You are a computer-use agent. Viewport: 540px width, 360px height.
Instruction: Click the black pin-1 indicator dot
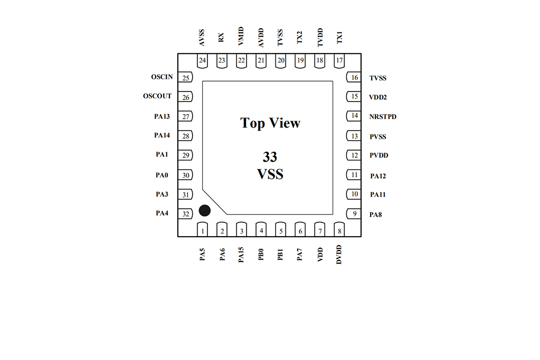(204, 211)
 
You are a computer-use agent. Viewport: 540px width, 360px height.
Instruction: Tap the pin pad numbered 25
(185, 77)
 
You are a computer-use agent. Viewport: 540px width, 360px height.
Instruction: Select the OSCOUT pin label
(157, 96)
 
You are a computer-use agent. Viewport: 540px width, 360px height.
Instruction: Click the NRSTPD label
(383, 117)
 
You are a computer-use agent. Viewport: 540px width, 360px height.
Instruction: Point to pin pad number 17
(339, 61)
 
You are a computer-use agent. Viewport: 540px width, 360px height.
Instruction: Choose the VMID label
(241, 36)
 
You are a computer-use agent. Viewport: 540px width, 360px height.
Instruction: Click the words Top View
(271, 123)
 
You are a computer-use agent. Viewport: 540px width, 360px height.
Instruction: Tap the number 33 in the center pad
(270, 157)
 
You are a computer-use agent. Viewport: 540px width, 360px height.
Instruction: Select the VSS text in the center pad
(271, 174)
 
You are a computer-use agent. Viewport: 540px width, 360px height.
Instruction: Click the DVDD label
(339, 255)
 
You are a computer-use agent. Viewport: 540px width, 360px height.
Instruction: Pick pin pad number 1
(202, 229)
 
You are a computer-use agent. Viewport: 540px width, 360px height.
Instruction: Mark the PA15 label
(241, 255)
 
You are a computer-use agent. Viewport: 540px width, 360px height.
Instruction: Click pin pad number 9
(354, 213)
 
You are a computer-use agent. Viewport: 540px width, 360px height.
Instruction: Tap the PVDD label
(379, 155)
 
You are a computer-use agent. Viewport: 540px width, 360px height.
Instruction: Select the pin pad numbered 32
(185, 213)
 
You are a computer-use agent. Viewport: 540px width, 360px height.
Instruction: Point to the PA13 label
(162, 116)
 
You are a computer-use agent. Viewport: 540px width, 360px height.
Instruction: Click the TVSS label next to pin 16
(378, 78)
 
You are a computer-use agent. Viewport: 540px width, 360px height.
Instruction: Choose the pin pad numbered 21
(261, 61)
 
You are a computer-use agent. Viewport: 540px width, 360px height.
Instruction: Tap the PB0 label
(260, 255)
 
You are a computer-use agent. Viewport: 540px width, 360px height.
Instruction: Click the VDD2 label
(378, 97)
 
